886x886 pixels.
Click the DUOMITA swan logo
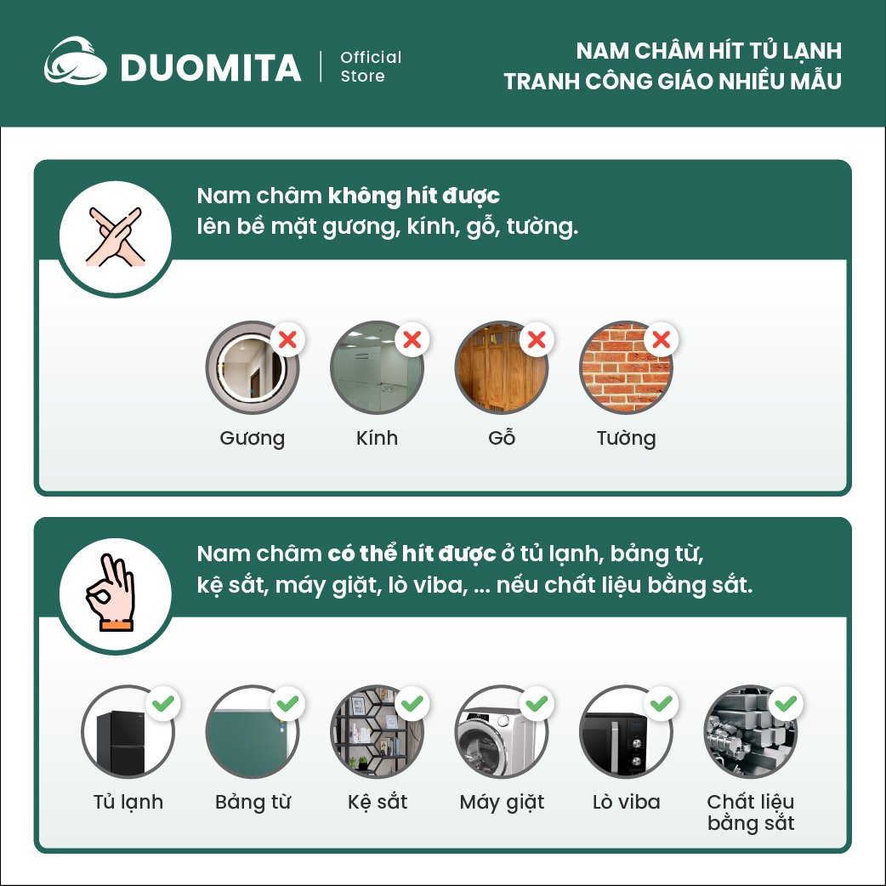point(75,61)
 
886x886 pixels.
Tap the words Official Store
point(371,66)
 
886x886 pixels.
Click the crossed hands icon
point(116,237)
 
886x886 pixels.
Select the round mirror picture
point(252,368)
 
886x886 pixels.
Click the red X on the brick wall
point(662,339)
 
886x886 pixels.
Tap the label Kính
point(377,438)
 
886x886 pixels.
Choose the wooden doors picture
point(501,368)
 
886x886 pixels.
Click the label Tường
point(626,439)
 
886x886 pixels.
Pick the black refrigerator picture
point(128,732)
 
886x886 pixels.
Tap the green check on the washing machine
point(537,703)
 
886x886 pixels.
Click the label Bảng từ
point(253,802)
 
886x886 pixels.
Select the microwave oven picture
point(626,732)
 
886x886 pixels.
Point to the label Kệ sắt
point(378,802)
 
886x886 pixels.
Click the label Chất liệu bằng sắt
point(751,813)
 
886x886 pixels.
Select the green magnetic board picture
point(252,732)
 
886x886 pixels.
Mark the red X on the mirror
point(287,339)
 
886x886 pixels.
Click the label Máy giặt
point(502,803)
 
